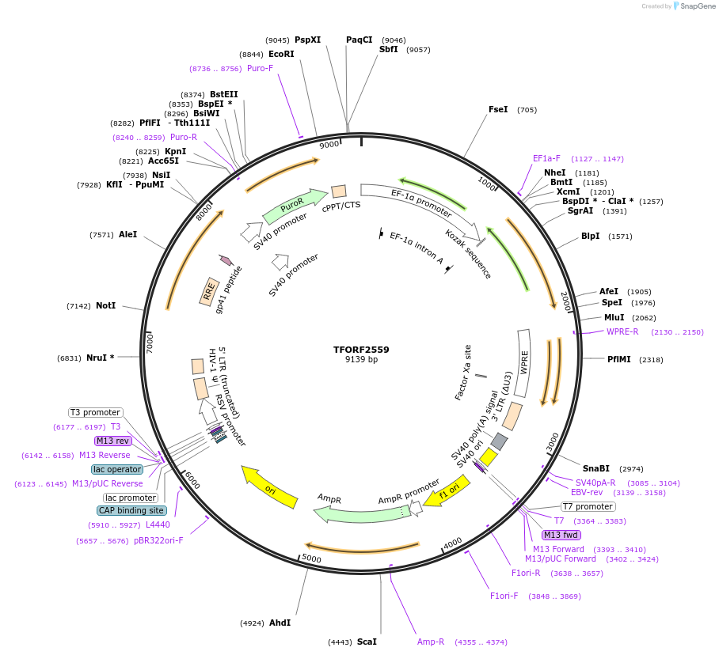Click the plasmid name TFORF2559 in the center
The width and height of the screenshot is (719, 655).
[x=361, y=349]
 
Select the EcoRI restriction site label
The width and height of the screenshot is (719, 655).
[x=281, y=54]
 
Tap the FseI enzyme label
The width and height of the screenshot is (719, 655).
[x=499, y=110]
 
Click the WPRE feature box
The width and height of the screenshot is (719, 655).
[x=523, y=363]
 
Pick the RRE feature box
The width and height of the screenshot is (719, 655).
[x=209, y=291]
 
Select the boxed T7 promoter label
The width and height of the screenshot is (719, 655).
[x=588, y=506]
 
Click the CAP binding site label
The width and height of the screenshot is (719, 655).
[x=132, y=510]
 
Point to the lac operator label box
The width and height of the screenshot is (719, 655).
[x=118, y=469]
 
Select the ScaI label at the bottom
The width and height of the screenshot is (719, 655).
[x=367, y=642]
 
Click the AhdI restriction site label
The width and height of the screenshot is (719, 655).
[x=280, y=623]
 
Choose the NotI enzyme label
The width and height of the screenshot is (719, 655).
[x=106, y=305]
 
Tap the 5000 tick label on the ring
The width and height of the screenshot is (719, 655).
[x=311, y=558]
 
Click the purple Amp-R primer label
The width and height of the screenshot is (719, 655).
[x=431, y=642]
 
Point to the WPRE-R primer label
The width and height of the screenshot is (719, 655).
[x=622, y=331]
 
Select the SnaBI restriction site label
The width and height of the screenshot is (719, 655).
[x=596, y=468]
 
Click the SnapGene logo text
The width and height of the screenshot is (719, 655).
[x=697, y=6]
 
